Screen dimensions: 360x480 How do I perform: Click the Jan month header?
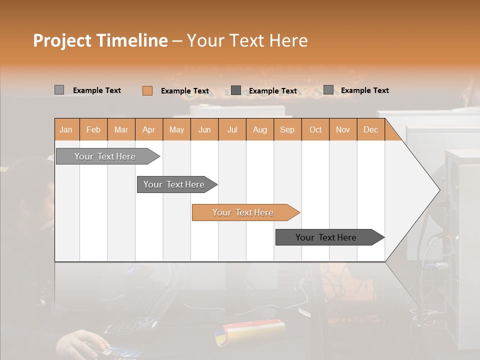(66, 129)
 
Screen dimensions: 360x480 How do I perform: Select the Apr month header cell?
(149, 129)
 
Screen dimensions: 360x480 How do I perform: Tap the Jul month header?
(232, 129)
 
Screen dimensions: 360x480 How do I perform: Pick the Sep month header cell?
(287, 129)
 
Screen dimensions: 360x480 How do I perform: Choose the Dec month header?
(370, 129)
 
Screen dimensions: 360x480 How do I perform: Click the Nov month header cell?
(343, 129)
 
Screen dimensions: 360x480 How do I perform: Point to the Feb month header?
(93, 129)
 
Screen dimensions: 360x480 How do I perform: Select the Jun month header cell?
(204, 129)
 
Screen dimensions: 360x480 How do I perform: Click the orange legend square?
(147, 90)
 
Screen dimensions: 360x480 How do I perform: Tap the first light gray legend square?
(59, 90)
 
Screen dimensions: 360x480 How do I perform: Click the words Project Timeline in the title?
(100, 40)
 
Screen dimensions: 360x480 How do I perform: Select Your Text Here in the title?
(247, 40)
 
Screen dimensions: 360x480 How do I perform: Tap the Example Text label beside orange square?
(185, 91)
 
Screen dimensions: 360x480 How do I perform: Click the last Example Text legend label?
(365, 90)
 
